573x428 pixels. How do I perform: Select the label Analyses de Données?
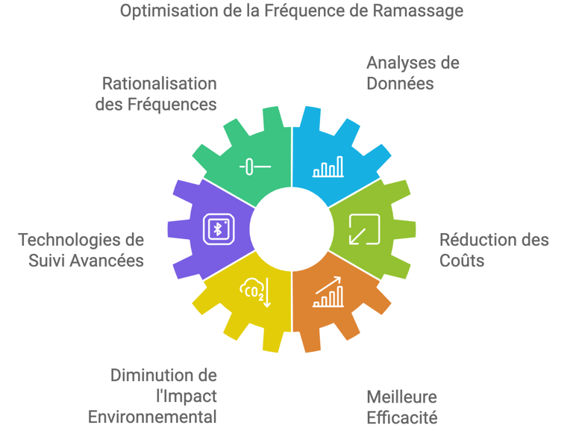click(413, 72)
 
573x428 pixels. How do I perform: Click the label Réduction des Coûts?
click(494, 249)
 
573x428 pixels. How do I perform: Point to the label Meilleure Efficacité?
click(401, 406)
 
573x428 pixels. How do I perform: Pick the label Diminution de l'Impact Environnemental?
click(153, 396)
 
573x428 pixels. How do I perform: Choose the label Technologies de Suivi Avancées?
click(81, 249)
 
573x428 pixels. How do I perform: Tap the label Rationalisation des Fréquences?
click(156, 93)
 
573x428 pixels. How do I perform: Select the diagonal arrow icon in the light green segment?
click(365, 229)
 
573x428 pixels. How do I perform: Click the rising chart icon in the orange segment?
click(328, 292)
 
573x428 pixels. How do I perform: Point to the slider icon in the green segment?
click(254, 166)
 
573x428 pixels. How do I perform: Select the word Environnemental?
click(153, 416)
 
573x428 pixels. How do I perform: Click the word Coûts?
click(462, 260)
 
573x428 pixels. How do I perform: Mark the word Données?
click(400, 83)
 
